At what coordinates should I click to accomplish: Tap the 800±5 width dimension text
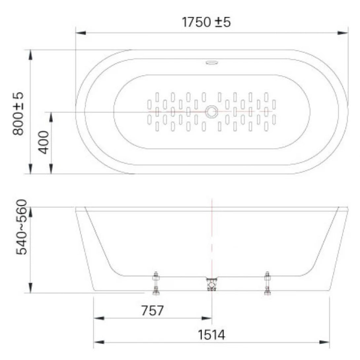tap(18, 113)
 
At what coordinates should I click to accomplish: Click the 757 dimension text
tap(152, 311)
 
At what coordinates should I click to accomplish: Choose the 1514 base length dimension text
tap(212, 335)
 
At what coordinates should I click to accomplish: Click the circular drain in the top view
tap(211, 112)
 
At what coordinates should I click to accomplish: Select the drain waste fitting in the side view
tap(211, 284)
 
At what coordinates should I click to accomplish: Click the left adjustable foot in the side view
tap(156, 283)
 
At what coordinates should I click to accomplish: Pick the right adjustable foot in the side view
tap(267, 283)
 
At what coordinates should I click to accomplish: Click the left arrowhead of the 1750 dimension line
tap(81, 33)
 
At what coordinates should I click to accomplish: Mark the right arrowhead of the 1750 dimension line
tap(343, 33)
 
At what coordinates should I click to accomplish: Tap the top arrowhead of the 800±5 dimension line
tap(31, 55)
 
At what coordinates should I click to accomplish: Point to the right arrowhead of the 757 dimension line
tap(207, 318)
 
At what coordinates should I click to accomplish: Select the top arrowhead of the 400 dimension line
tap(51, 117)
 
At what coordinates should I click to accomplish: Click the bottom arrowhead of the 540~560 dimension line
tap(31, 288)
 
